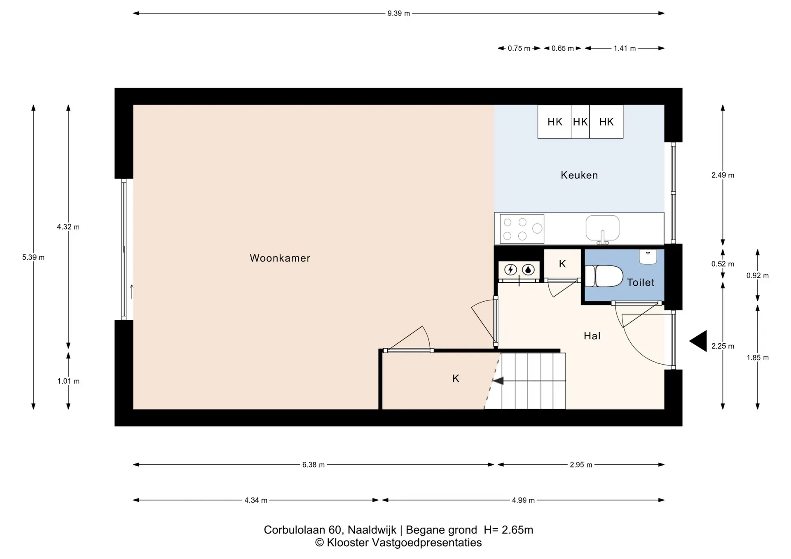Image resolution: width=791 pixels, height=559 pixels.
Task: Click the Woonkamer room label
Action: tap(280, 258)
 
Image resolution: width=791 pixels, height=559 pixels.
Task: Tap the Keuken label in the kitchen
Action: tap(579, 175)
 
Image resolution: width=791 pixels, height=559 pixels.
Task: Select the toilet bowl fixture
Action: tap(604, 276)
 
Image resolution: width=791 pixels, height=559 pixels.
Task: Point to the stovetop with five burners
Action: tap(522, 228)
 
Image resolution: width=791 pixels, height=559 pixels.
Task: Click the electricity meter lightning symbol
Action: tap(511, 270)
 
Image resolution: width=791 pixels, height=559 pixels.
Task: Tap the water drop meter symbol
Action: tap(528, 270)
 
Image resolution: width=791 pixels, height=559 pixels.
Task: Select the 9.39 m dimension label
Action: tap(398, 13)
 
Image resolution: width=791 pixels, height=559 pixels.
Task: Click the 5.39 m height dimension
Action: tap(33, 257)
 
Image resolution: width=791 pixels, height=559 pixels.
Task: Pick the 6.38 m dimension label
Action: tap(314, 465)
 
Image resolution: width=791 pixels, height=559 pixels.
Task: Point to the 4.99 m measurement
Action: tap(523, 500)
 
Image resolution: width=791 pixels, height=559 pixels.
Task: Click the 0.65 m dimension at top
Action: tap(563, 48)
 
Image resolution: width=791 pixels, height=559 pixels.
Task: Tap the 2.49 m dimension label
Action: tap(723, 175)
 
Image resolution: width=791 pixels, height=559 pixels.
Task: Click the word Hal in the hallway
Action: tap(592, 336)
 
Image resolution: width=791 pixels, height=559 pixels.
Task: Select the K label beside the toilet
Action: tap(562, 264)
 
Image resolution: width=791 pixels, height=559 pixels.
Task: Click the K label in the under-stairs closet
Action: tap(456, 378)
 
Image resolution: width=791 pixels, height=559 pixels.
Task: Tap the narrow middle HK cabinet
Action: tap(580, 121)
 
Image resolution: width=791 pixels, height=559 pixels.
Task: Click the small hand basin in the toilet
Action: tap(648, 256)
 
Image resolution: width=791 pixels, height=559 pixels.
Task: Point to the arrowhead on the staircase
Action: tap(498, 381)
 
